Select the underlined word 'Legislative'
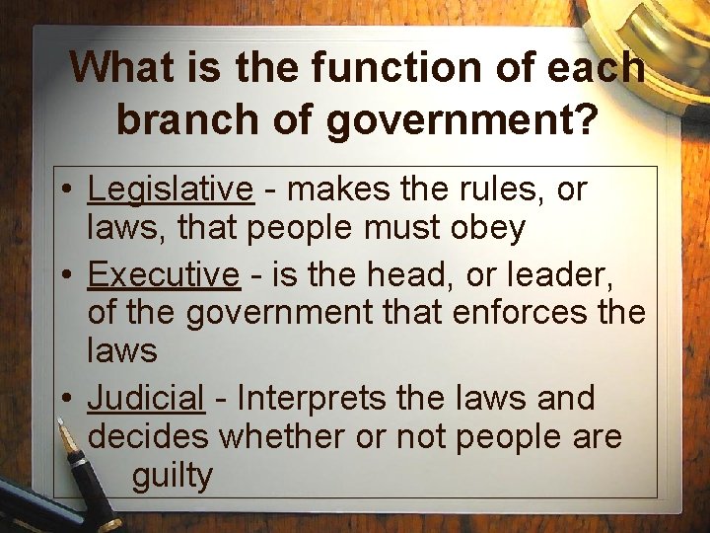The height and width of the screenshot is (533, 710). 171,188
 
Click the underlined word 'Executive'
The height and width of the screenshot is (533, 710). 164,273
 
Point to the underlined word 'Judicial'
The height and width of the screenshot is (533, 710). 146,398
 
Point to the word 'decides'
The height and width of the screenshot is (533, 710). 147,436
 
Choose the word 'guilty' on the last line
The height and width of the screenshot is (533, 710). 172,476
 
